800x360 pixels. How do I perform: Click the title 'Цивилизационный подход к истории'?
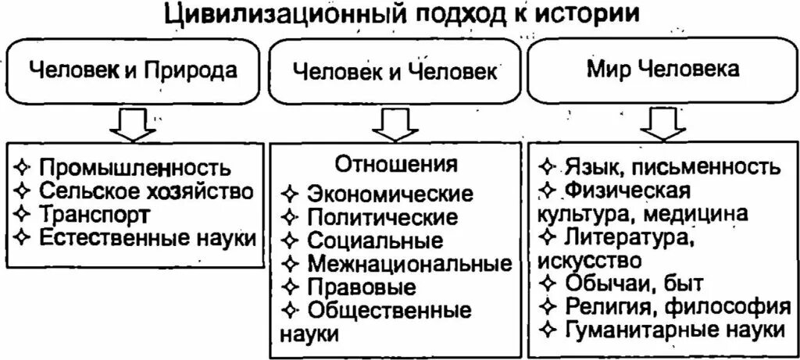(400, 16)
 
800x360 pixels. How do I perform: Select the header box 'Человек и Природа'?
(134, 72)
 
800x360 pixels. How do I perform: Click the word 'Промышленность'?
(134, 168)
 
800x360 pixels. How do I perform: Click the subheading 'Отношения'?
(396, 165)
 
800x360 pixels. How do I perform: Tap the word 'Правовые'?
(361, 287)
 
